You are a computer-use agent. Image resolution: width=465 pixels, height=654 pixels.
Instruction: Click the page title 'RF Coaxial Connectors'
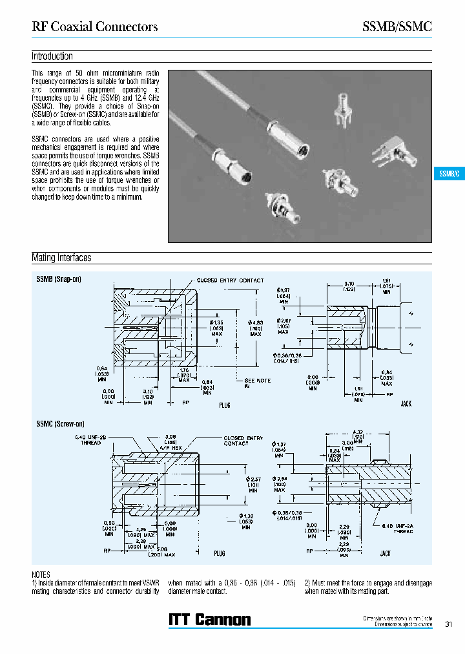[95, 26]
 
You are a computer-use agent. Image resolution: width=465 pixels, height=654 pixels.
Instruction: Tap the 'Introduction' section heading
[52, 56]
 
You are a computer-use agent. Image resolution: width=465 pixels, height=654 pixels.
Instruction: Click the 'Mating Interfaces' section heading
[61, 258]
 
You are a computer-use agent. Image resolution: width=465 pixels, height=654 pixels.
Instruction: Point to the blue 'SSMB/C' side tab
[448, 174]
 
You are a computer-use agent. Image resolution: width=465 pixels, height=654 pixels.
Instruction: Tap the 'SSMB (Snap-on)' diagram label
[58, 279]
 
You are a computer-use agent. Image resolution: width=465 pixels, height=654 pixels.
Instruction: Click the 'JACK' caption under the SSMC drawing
[385, 553]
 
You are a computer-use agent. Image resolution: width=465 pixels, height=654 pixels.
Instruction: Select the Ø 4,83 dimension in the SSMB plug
[256, 326]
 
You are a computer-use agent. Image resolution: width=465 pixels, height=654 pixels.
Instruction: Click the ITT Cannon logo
[209, 620]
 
